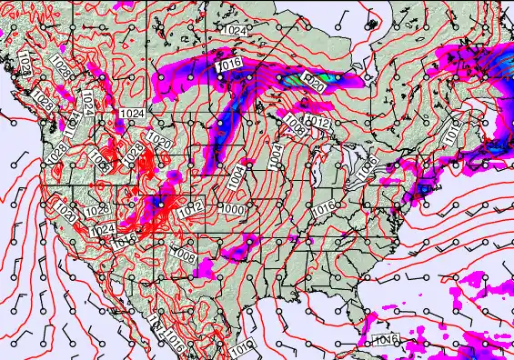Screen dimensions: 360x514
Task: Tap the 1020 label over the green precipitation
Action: (x=312, y=79)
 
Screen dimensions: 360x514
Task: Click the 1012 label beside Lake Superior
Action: (x=317, y=122)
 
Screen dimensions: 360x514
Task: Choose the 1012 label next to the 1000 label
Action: (x=191, y=209)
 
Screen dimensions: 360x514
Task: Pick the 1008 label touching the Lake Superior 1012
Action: (x=295, y=120)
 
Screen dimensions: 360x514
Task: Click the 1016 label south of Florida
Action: (x=386, y=340)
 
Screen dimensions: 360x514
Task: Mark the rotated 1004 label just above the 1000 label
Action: (x=237, y=176)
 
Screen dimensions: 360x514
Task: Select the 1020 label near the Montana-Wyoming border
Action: (x=159, y=142)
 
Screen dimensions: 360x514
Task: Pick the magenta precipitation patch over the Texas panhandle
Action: (x=207, y=266)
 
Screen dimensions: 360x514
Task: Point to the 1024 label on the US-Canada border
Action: (x=130, y=114)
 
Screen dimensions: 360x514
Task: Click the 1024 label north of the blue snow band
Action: (x=234, y=31)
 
